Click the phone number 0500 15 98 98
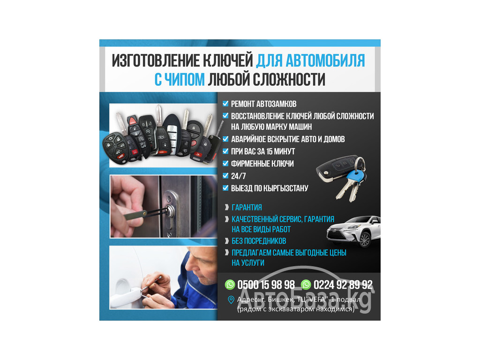(x=266, y=285)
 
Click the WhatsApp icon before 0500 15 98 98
(x=230, y=285)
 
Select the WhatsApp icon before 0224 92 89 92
(x=306, y=285)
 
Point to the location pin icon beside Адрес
(x=231, y=300)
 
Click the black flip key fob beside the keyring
(x=334, y=168)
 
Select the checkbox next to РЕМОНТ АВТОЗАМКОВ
(x=225, y=104)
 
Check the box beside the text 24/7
(x=225, y=176)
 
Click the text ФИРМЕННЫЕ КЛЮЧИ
(x=262, y=164)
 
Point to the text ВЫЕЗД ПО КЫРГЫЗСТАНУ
(x=270, y=188)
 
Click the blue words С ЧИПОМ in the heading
(x=180, y=80)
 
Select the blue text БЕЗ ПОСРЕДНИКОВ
(x=259, y=241)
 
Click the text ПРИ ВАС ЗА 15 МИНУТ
(x=263, y=151)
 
